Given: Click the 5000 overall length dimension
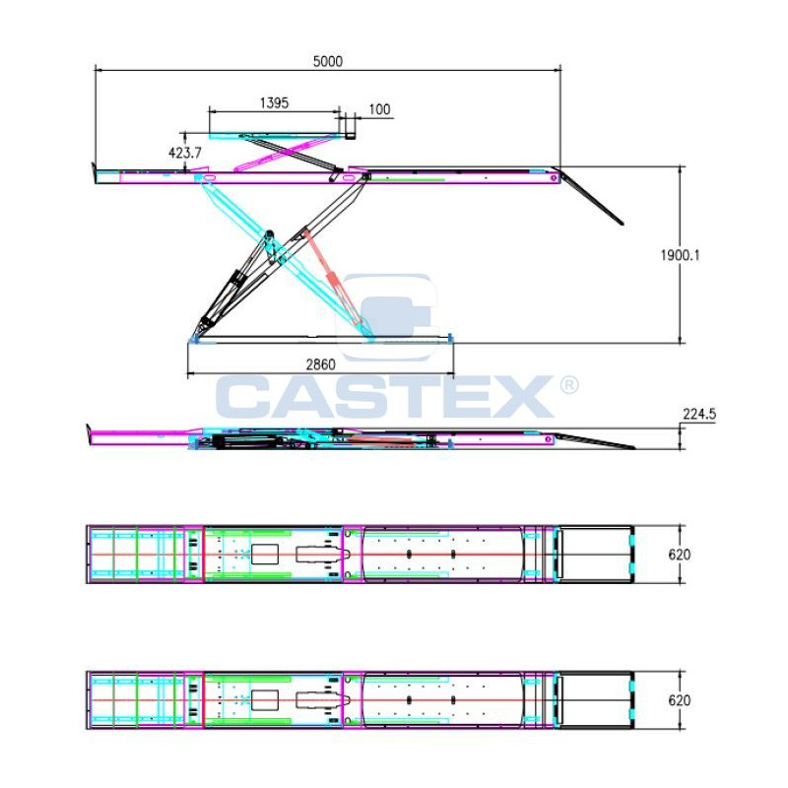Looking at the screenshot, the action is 328,61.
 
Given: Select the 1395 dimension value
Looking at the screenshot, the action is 274,103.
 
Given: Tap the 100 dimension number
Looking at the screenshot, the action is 379,109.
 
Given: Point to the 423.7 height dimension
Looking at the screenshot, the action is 185,153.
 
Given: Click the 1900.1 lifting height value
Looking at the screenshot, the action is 680,255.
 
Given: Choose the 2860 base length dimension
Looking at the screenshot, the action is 321,364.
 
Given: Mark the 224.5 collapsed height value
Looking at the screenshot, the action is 699,414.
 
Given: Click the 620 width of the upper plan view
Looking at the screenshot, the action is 679,555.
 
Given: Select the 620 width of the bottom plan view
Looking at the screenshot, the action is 679,700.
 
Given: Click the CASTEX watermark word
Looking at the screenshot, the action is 385,397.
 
